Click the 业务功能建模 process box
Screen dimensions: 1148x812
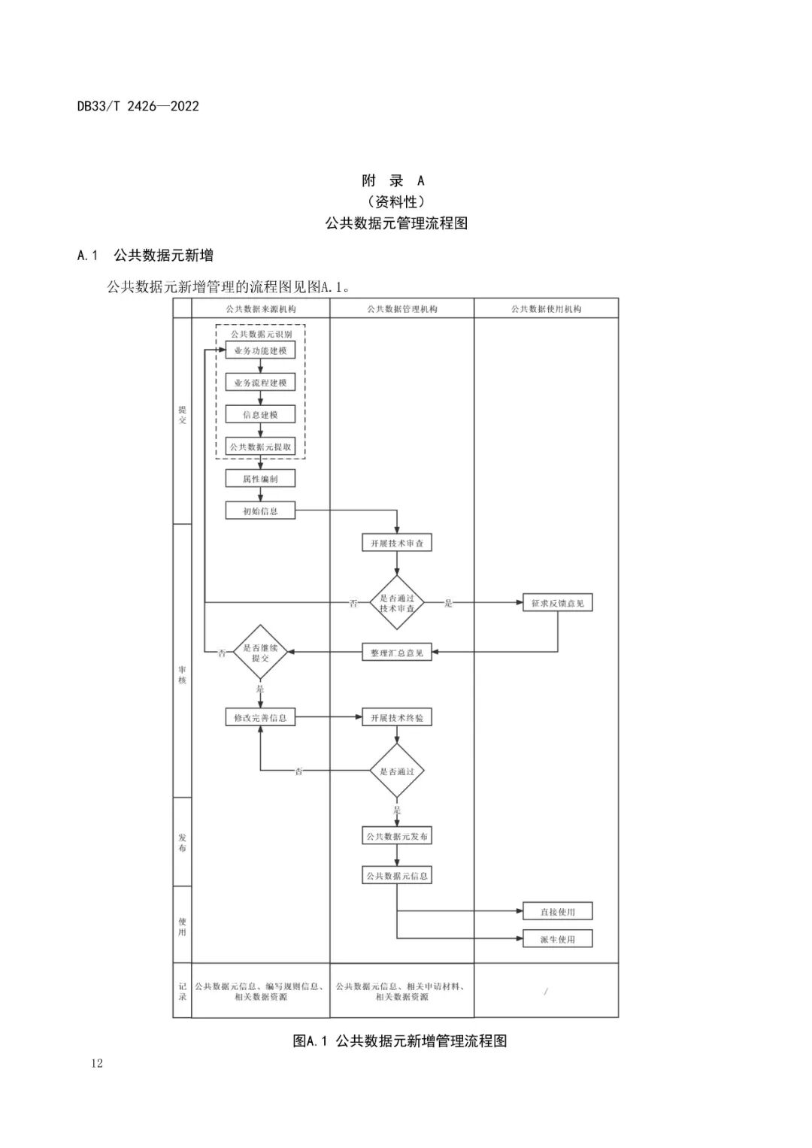(x=260, y=351)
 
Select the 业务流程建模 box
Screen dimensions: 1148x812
(x=260, y=383)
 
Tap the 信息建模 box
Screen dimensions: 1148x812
(x=260, y=415)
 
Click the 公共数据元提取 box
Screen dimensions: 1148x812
(x=260, y=447)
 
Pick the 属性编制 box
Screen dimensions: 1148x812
(x=260, y=478)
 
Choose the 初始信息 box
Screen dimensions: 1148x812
(x=260, y=511)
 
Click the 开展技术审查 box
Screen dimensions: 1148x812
(x=397, y=543)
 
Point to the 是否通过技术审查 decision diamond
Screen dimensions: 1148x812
(x=397, y=603)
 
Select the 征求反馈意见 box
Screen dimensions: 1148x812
(x=557, y=603)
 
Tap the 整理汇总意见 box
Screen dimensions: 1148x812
(x=397, y=653)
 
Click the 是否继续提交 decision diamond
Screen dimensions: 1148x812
(x=260, y=653)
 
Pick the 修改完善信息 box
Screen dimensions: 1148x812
(x=260, y=717)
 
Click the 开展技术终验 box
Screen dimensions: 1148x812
(x=397, y=717)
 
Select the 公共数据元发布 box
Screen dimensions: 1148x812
(x=397, y=836)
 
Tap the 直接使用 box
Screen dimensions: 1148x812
(x=557, y=912)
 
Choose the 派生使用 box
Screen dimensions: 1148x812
(x=557, y=939)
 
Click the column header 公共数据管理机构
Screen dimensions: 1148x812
(x=401, y=308)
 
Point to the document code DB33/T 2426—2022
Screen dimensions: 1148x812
(x=138, y=106)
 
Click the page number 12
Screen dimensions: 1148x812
(x=95, y=1063)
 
